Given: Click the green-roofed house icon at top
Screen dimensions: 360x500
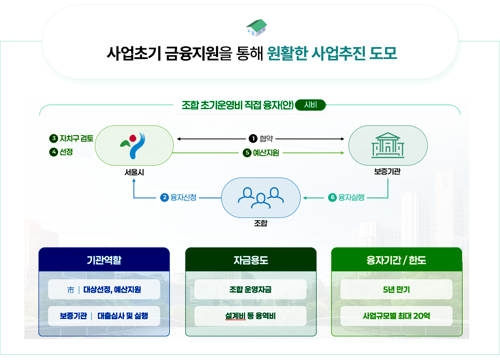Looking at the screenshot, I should click(x=256, y=27).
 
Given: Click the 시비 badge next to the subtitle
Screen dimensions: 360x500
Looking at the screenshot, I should click(x=310, y=105).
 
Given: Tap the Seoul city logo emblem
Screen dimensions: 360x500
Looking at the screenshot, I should click(x=134, y=145).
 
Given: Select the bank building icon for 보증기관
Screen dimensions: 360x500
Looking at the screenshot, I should click(x=388, y=145).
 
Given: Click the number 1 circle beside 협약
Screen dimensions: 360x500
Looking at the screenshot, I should click(x=253, y=139).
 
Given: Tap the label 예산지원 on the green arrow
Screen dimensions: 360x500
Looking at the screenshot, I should click(x=266, y=153).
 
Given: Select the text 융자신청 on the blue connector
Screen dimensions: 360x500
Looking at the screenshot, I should click(x=183, y=197).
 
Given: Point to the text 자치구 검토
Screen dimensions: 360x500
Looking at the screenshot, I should click(x=76, y=138).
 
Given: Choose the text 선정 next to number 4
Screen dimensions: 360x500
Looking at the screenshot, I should click(x=66, y=152).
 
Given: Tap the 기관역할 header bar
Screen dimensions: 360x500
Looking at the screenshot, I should click(x=104, y=260).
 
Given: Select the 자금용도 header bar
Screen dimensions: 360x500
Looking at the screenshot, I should click(x=250, y=260).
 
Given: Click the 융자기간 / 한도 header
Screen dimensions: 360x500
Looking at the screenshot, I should click(x=396, y=260).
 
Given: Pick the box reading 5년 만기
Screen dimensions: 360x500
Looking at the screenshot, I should click(x=396, y=290).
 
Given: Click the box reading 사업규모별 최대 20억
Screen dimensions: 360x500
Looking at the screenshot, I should click(x=396, y=316).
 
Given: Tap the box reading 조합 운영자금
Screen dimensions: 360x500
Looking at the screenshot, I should click(x=250, y=290).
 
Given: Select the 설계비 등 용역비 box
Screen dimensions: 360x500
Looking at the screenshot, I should click(x=250, y=316).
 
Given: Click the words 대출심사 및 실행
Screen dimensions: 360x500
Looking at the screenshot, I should click(x=123, y=316).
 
